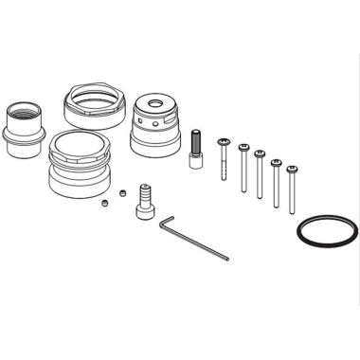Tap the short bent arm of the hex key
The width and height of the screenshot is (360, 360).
[162, 224]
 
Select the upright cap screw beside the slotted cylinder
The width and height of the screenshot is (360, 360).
[195, 150]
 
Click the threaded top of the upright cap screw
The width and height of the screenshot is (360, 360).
[195, 135]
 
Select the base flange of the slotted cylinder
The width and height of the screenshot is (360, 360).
[155, 148]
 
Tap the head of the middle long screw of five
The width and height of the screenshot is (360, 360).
[259, 154]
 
